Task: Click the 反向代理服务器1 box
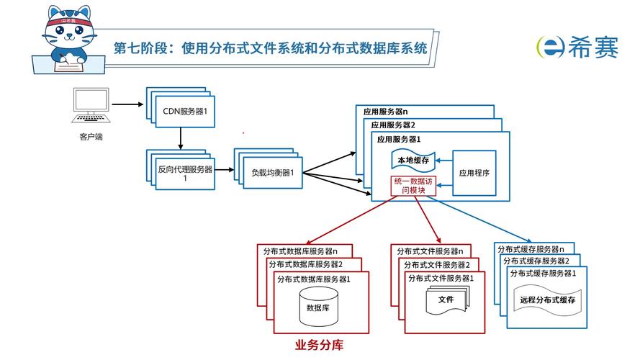(185, 173)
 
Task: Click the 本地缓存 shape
(413, 161)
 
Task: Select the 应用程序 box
(474, 173)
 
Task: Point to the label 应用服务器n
(385, 112)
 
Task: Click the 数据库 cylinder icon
(318, 307)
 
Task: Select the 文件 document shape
(446, 300)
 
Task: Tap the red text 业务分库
(319, 344)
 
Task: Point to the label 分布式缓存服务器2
(536, 261)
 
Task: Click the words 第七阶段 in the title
(139, 49)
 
